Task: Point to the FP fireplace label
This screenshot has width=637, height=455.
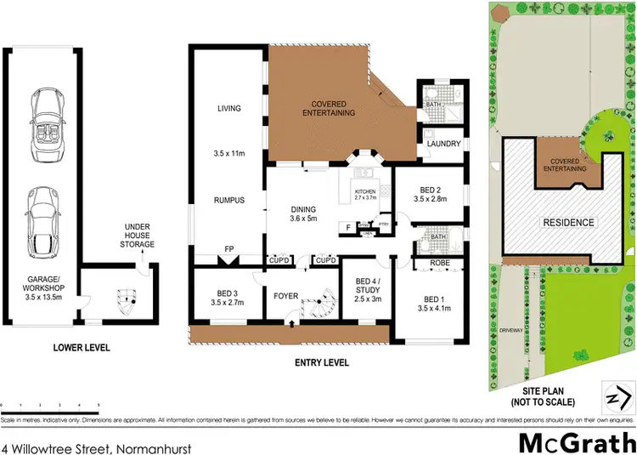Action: pyautogui.click(x=228, y=250)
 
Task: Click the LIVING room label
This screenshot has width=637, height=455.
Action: pyautogui.click(x=229, y=108)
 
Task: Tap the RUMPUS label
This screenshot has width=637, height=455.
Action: pyautogui.click(x=229, y=200)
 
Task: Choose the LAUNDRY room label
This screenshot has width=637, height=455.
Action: pyautogui.click(x=443, y=144)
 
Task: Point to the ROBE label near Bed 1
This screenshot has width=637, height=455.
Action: pyautogui.click(x=439, y=264)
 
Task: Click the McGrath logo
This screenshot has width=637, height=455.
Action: pyautogui.click(x=575, y=442)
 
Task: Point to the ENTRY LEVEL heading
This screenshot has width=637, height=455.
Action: pyautogui.click(x=321, y=361)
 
